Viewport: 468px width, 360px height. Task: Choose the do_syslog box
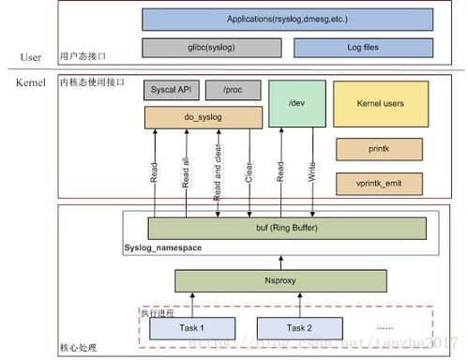[x=203, y=117]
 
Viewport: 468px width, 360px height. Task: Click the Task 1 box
[x=188, y=327]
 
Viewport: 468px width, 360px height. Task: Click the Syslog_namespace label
[x=162, y=247]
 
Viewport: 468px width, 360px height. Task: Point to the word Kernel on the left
[x=31, y=83]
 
